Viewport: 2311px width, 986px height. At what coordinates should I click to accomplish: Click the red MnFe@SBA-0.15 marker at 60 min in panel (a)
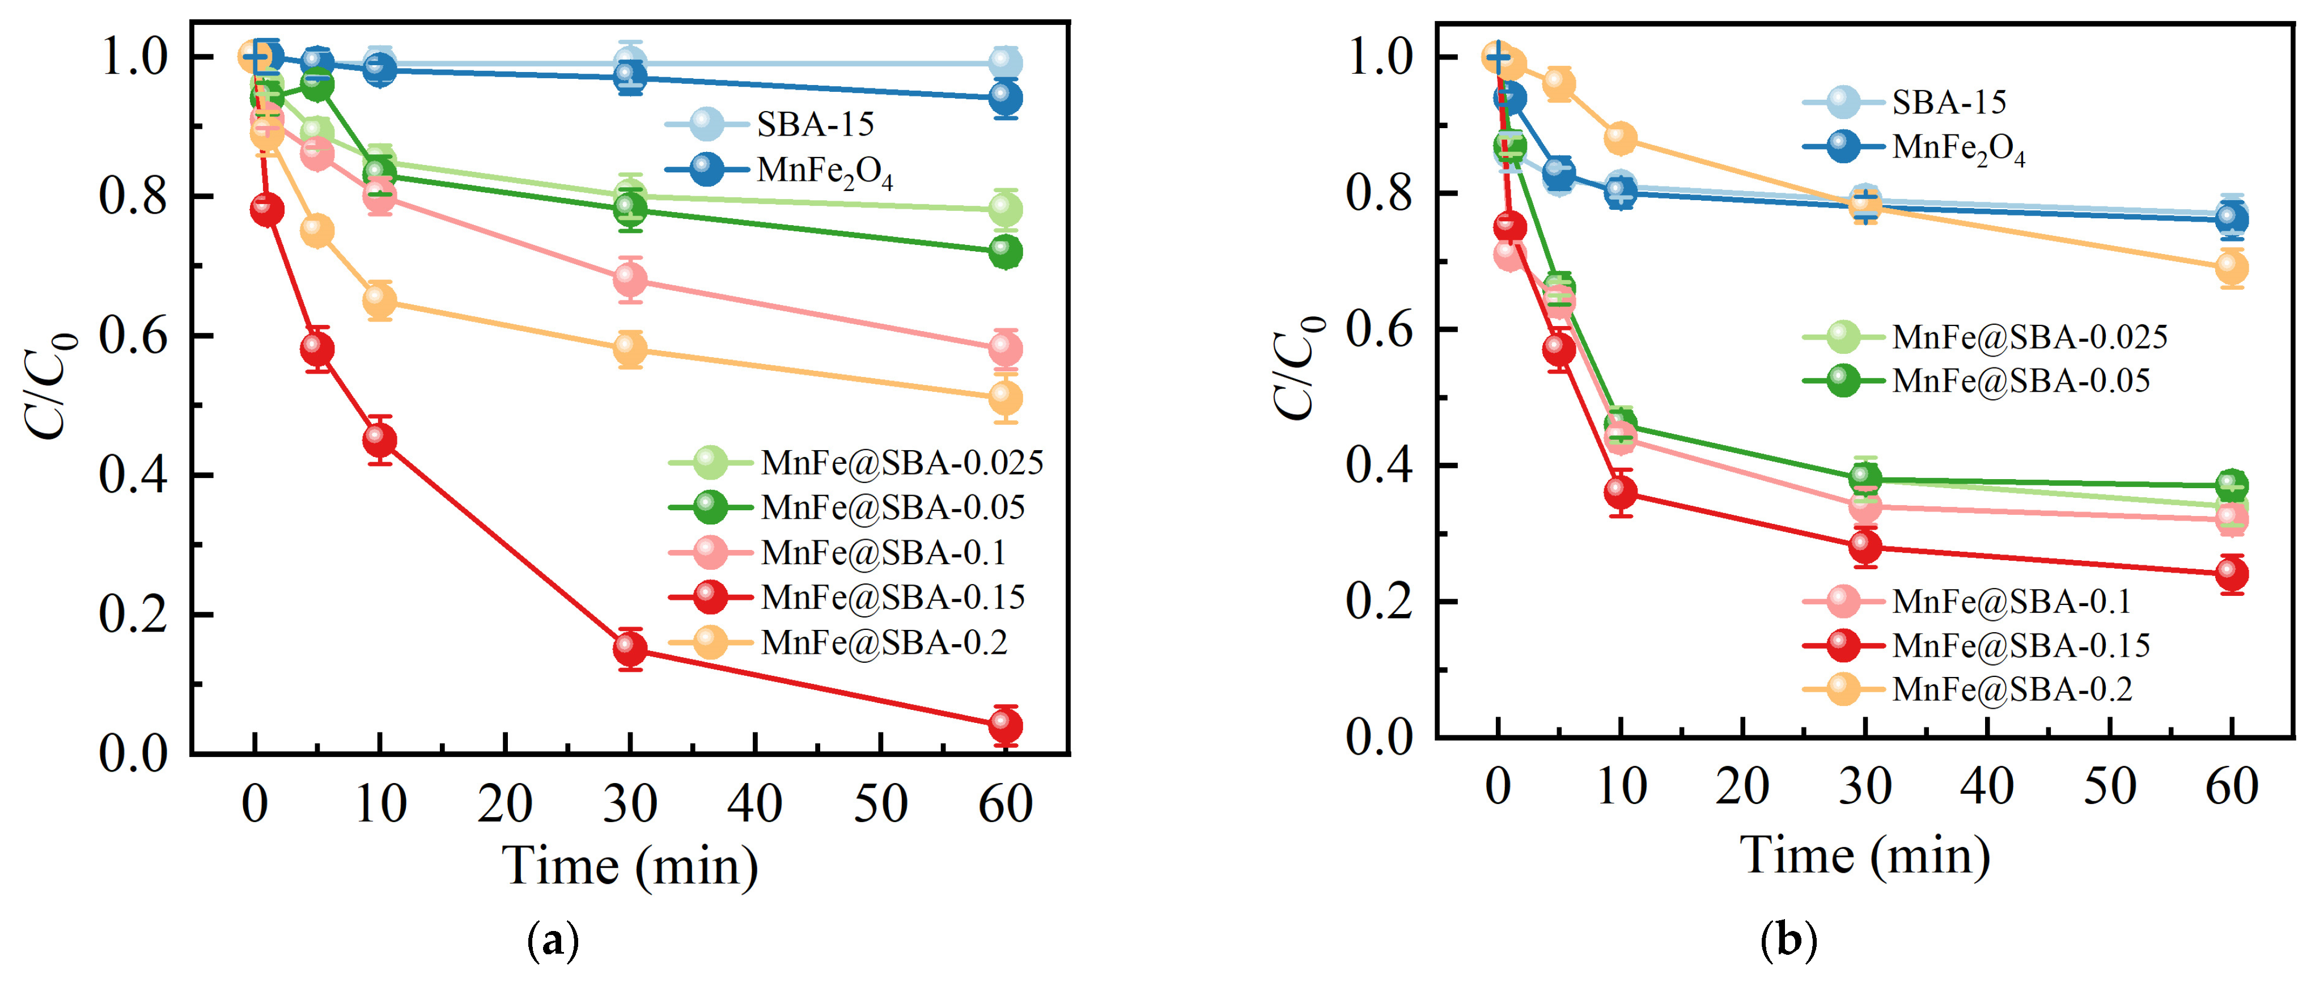pos(1005,725)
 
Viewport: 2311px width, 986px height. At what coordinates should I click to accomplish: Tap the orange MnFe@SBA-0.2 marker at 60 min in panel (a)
pos(1005,397)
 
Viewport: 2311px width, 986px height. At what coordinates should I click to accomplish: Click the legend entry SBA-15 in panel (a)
pos(815,124)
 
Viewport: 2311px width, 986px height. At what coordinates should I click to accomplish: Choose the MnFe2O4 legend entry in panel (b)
pos(1957,148)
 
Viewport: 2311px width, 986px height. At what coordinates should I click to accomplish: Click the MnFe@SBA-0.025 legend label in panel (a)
pos(902,463)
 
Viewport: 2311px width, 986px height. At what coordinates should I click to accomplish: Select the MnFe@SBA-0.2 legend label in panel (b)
pos(2011,689)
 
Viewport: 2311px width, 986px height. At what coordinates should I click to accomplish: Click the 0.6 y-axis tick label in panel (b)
pos(1380,329)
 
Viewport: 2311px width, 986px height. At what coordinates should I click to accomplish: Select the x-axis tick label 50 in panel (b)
pos(2109,787)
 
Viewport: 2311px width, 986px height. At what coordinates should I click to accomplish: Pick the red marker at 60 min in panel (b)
pos(2231,573)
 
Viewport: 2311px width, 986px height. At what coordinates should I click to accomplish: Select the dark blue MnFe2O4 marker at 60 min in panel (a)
pos(1005,98)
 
